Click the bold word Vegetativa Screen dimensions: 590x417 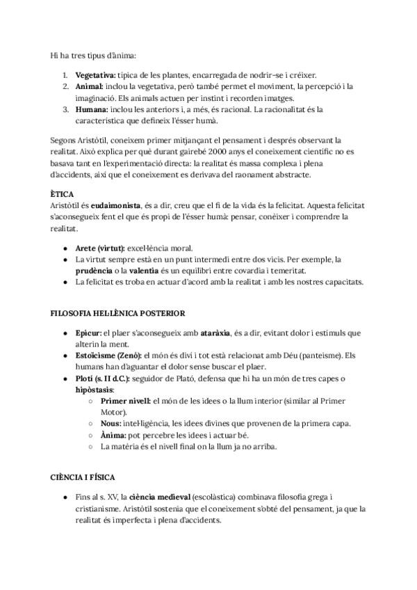[97, 74]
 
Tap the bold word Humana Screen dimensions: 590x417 [92, 109]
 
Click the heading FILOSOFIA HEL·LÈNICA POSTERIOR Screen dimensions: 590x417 [118, 313]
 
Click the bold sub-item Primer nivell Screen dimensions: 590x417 [126, 401]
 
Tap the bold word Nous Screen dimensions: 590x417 [111, 424]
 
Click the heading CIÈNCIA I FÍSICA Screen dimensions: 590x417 [83, 478]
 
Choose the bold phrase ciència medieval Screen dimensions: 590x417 [159, 498]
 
